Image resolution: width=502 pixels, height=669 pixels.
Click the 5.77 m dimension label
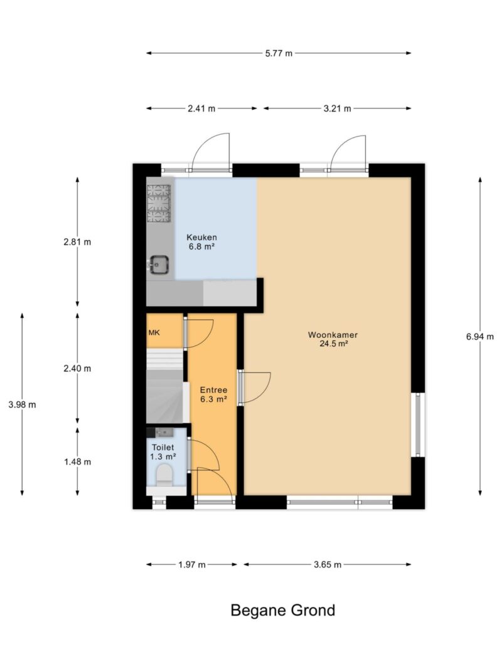click(x=279, y=53)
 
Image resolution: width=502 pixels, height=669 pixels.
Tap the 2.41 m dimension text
click(x=201, y=108)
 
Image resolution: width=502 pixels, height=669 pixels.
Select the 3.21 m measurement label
click(x=337, y=108)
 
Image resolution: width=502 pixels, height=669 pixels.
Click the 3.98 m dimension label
click(x=22, y=404)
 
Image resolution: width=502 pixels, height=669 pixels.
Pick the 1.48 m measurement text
click(x=78, y=461)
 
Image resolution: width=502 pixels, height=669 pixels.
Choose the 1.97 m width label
click(x=191, y=565)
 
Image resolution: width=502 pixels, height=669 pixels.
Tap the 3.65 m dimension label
click(x=328, y=565)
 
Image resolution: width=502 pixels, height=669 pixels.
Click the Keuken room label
click(x=201, y=237)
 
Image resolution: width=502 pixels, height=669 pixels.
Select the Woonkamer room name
click(x=333, y=335)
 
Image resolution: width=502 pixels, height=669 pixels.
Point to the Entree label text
click(x=213, y=390)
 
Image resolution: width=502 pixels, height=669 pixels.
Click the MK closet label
click(x=154, y=332)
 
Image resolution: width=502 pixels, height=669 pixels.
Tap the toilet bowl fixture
click(x=164, y=475)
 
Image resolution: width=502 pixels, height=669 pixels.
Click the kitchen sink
click(x=158, y=265)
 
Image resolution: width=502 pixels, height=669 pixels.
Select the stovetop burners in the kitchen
click(x=159, y=204)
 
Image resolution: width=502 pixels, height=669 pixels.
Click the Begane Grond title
click(x=282, y=611)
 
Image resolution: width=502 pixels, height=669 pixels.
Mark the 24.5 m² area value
click(x=333, y=344)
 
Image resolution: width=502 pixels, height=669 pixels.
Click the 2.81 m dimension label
click(x=78, y=242)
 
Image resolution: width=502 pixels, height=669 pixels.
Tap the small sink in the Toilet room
click(x=164, y=432)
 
